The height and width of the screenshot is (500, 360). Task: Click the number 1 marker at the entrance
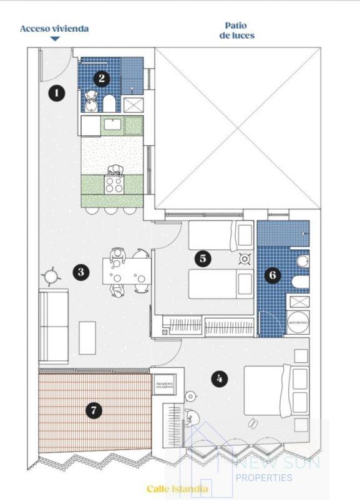(x=57, y=94)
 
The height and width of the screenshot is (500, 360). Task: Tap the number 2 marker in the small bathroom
(x=100, y=79)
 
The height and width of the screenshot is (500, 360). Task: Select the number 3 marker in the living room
(x=80, y=272)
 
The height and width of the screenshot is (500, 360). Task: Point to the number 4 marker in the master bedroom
(x=218, y=378)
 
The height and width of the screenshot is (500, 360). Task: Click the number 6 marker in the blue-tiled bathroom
(x=274, y=274)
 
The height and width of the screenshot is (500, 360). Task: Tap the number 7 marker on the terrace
(x=94, y=410)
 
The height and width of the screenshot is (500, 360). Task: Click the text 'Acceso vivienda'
(x=54, y=29)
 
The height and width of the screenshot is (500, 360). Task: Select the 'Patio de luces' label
(x=236, y=31)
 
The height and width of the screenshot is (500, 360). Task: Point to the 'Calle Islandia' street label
(x=177, y=489)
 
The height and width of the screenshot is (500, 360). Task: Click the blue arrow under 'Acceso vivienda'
(x=55, y=39)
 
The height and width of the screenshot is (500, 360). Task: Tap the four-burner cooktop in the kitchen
(x=114, y=184)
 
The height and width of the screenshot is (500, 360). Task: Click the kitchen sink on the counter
(x=112, y=124)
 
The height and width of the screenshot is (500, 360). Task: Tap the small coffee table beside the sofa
(x=87, y=337)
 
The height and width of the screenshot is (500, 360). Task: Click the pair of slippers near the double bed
(x=254, y=424)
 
